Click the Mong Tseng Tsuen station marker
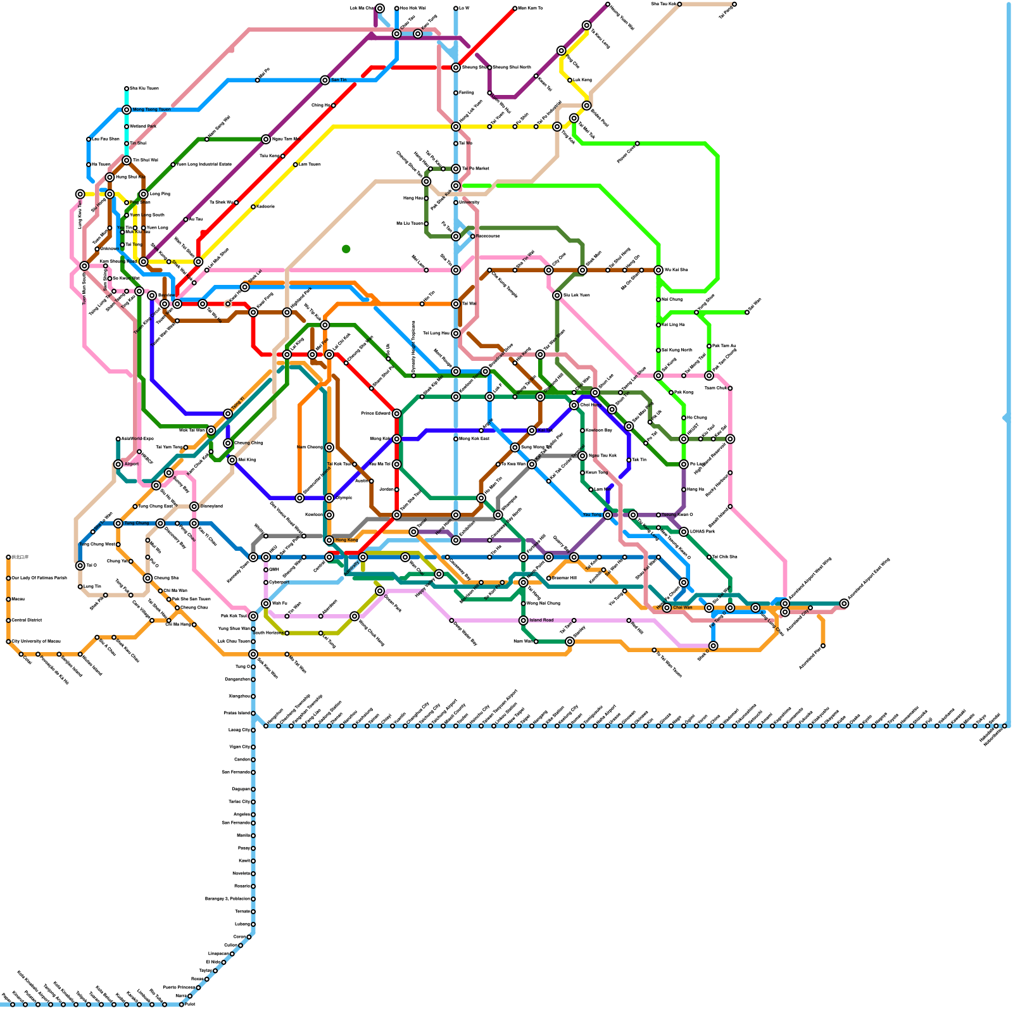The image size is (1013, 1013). [127, 110]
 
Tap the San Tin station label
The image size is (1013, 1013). [339, 80]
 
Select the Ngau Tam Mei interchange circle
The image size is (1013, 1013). [266, 139]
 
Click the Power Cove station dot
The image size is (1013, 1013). [638, 144]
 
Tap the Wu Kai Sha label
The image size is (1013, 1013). [676, 270]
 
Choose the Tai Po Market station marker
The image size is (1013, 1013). [456, 169]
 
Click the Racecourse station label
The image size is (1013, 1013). [488, 236]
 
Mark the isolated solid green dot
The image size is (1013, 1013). [346, 249]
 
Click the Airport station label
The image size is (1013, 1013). [131, 464]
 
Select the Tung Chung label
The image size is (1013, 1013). [137, 524]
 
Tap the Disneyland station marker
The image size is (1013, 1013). [194, 507]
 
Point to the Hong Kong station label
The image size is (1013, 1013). [346, 540]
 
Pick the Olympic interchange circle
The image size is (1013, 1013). [329, 498]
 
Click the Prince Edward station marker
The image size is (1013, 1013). [397, 413]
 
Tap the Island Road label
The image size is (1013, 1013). [541, 620]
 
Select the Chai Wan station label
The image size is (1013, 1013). [683, 608]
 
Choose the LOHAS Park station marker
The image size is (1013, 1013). [684, 532]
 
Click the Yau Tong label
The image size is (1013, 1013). [592, 515]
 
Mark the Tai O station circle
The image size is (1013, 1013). [80, 565]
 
